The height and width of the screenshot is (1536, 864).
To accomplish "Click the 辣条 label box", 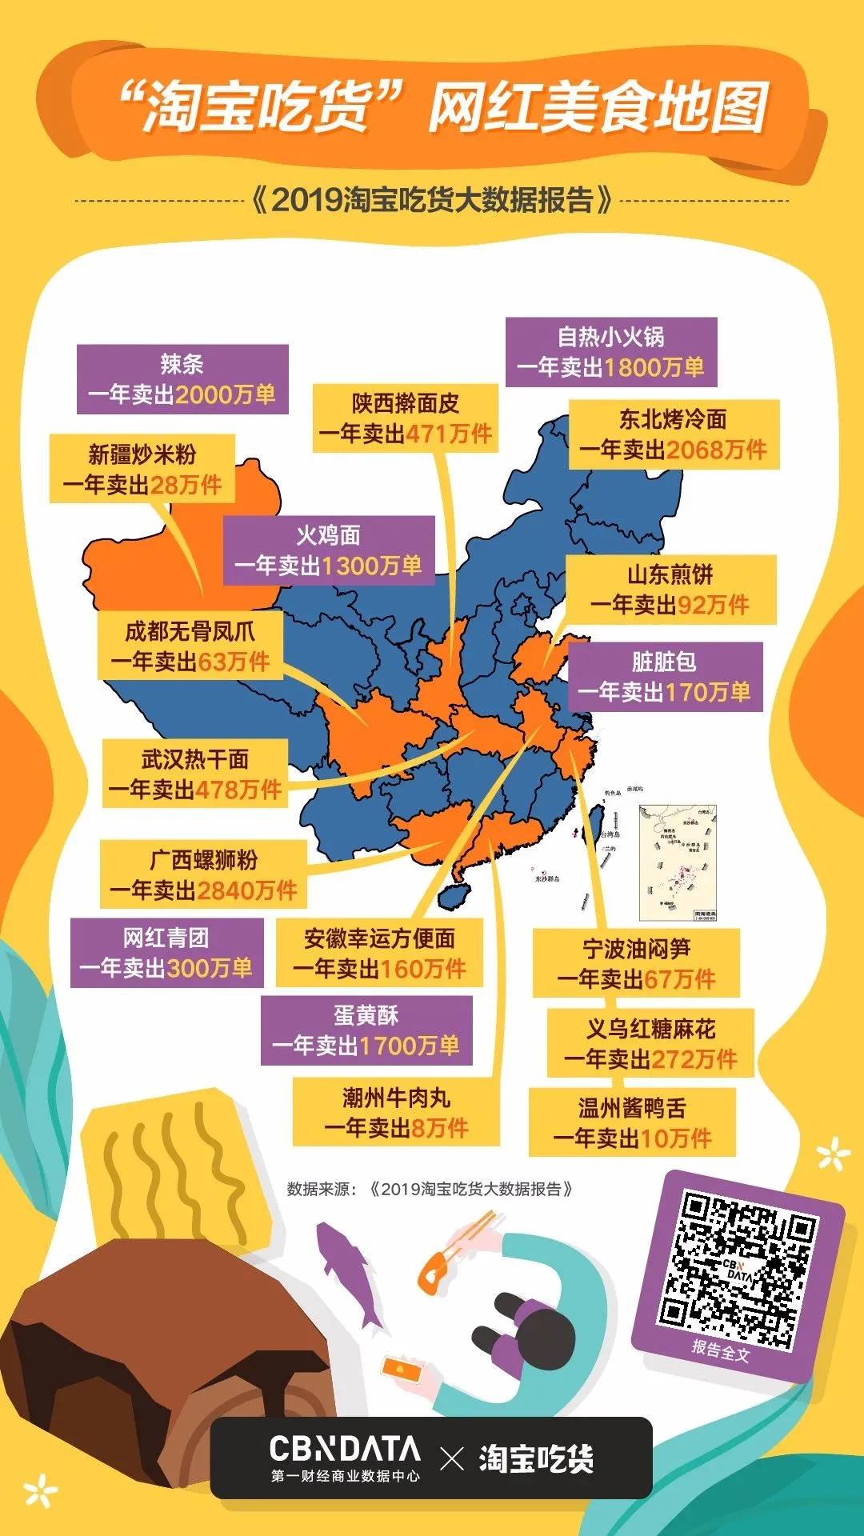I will click(182, 379).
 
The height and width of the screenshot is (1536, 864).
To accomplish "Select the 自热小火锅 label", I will click(611, 352).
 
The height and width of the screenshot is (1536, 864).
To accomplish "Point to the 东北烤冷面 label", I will click(674, 434).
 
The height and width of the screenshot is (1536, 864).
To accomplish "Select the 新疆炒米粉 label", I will click(142, 469).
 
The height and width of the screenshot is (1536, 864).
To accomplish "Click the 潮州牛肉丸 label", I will click(396, 1112).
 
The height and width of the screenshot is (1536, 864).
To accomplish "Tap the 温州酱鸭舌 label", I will click(632, 1122).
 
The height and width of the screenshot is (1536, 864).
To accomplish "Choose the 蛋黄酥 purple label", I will click(366, 1030).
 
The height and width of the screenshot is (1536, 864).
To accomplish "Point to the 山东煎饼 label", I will click(670, 590).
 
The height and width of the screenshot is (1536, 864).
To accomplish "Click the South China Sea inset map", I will click(678, 863).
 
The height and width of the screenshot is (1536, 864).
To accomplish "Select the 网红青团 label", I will click(166, 953).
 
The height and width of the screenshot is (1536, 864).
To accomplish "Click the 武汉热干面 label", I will click(195, 774).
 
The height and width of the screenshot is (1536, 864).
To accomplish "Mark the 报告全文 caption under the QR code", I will click(721, 1351).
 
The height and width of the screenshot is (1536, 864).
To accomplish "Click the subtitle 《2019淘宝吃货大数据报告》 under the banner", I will click(432, 200).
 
